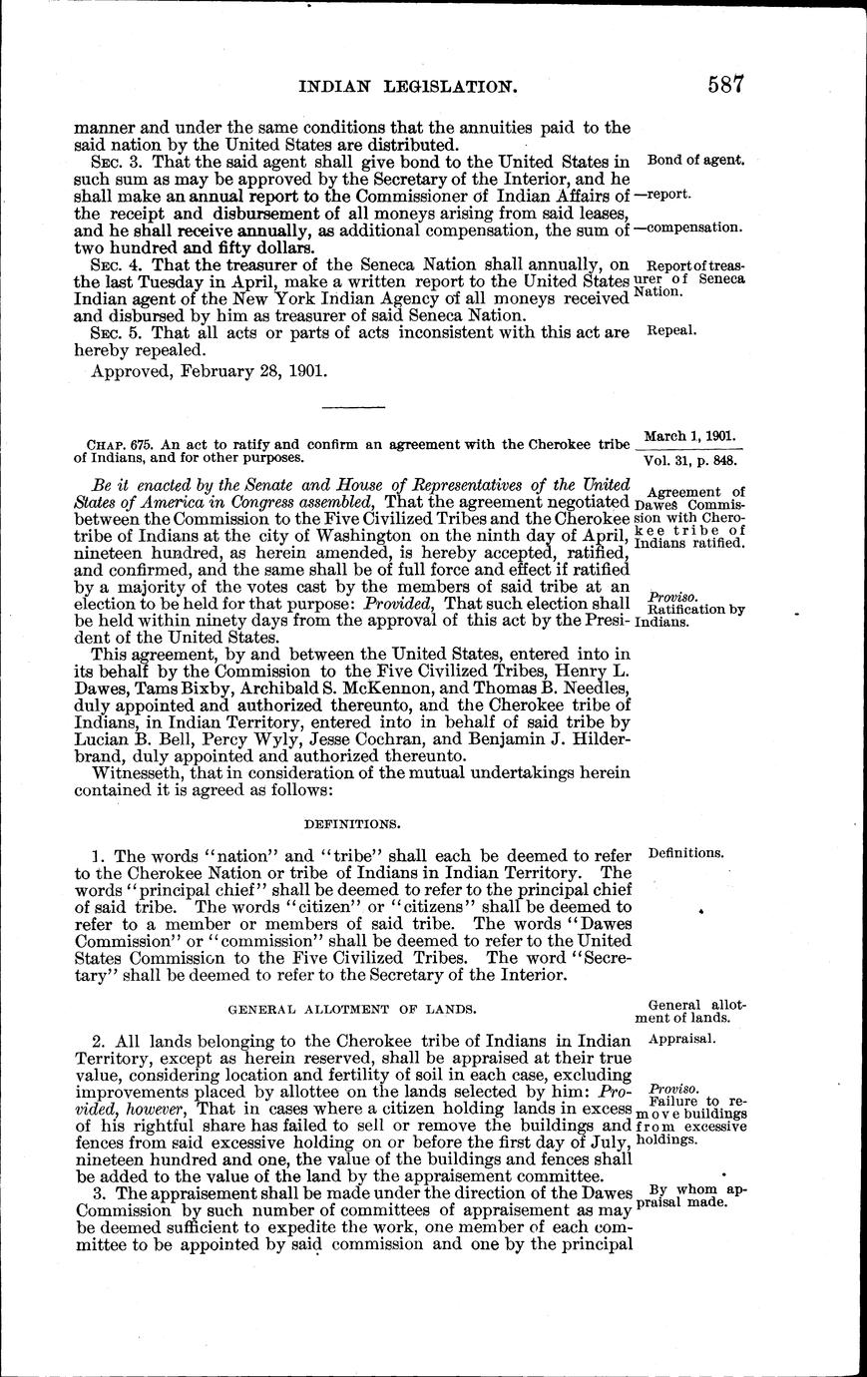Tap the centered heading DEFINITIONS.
pyautogui.click(x=352, y=824)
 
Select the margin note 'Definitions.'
pyautogui.click(x=685, y=853)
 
